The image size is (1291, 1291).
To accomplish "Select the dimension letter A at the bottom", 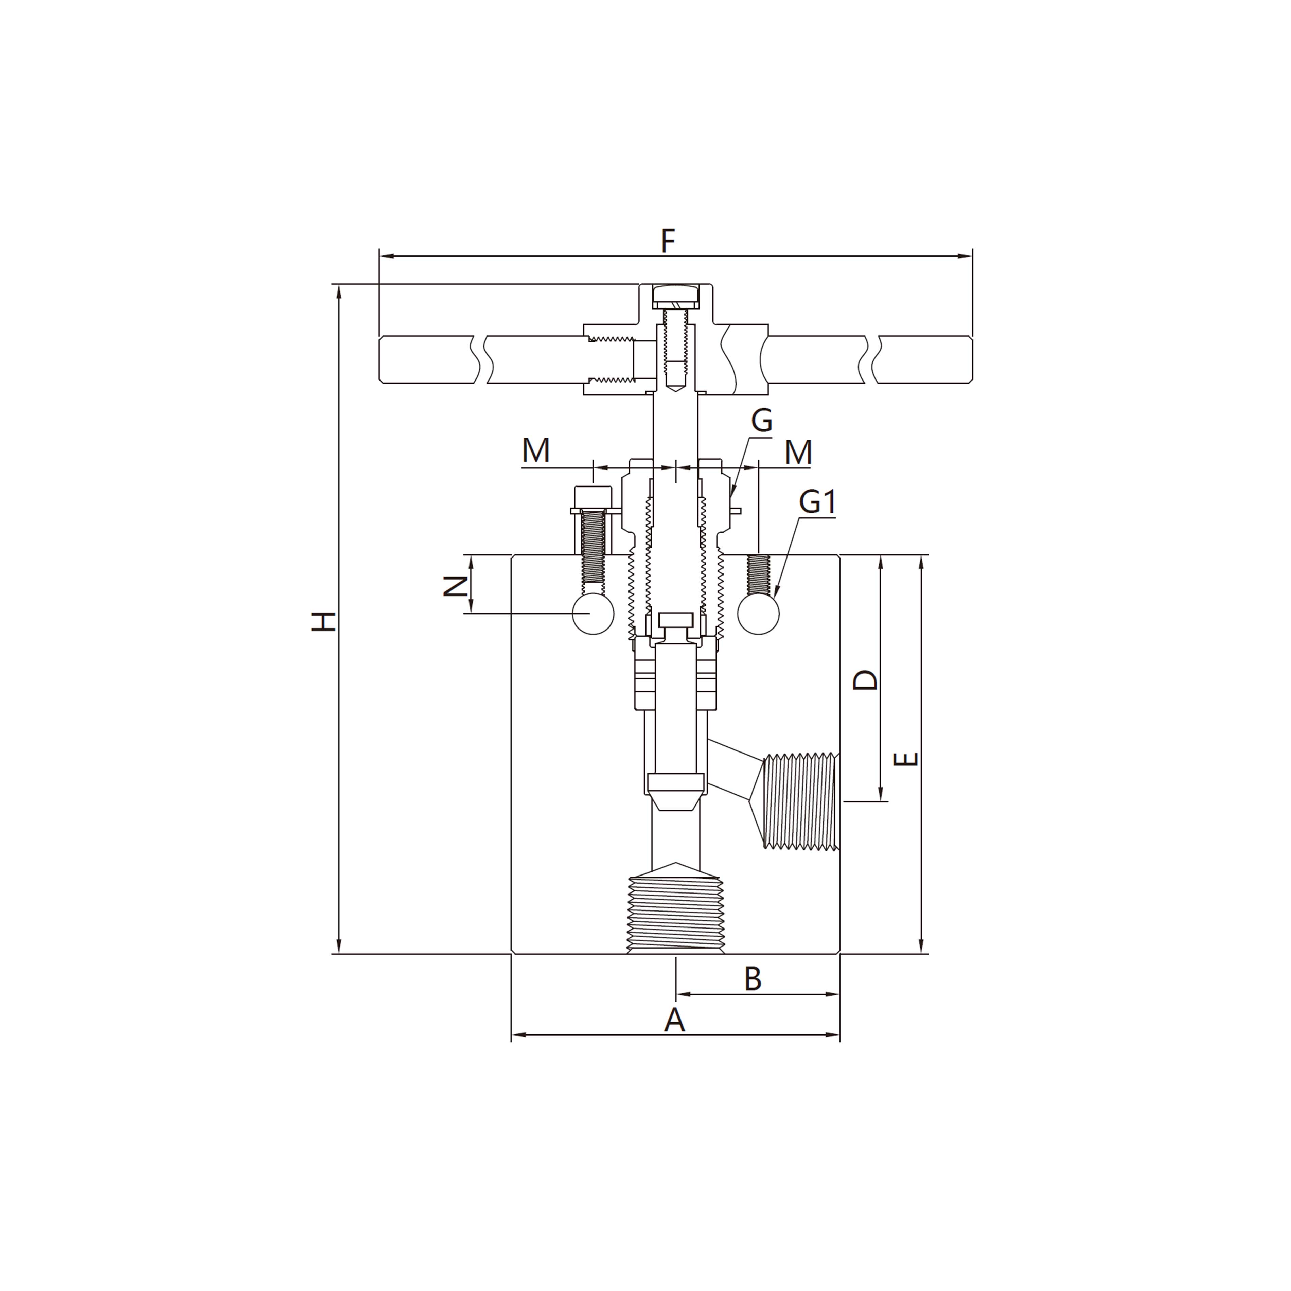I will pyautogui.click(x=674, y=1020).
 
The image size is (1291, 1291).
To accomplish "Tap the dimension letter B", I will pyautogui.click(x=753, y=979).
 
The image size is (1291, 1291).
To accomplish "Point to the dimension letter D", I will pyautogui.click(x=866, y=680).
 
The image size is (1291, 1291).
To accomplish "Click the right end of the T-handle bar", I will pyautogui.click(x=962, y=359).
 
